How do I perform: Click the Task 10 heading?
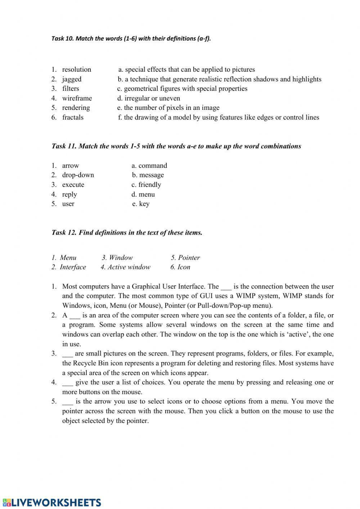coord(131,39)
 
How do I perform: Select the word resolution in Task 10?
coord(76,70)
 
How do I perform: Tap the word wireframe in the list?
coord(77,98)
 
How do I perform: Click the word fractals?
coord(73,117)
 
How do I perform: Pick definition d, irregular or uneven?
coord(149,98)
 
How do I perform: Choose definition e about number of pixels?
coord(168,108)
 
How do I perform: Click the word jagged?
coord(72,79)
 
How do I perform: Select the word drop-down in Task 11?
coord(78,175)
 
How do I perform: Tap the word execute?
coord(73,185)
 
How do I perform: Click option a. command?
coord(149,166)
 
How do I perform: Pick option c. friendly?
coord(146,185)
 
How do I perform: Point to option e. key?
coord(141,204)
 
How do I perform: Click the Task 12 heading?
coord(127,233)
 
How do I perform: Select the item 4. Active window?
coord(125,267)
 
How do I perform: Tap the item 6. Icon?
coord(180,267)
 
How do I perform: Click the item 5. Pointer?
coord(185,258)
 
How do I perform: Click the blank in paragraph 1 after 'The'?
coord(226,287)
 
